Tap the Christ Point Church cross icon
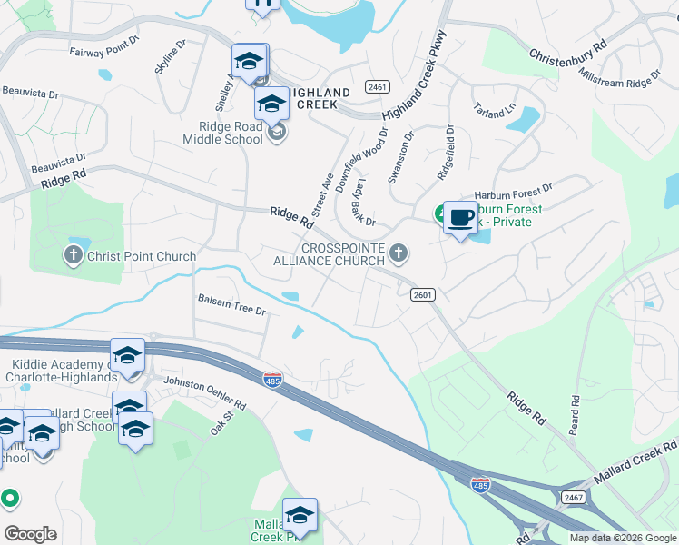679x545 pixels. (74, 255)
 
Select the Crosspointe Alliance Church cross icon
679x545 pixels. (398, 252)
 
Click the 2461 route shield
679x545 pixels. (378, 86)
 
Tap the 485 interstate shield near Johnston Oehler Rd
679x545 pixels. (272, 378)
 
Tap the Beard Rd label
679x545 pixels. (575, 414)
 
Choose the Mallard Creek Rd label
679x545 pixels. (635, 461)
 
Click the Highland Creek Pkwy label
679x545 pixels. (417, 92)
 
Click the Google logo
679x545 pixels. (30, 534)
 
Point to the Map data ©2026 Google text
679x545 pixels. (623, 538)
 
